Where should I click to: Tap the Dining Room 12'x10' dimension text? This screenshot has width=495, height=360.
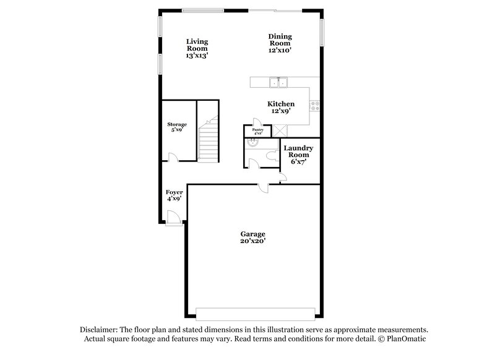pyautogui.click(x=280, y=51)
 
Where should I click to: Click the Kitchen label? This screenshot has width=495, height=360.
pyautogui.click(x=280, y=104)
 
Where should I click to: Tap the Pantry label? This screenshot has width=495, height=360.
pyautogui.click(x=258, y=129)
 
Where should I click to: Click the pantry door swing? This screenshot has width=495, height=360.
pyautogui.click(x=257, y=123)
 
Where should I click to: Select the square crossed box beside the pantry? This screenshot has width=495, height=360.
pyautogui.click(x=280, y=129)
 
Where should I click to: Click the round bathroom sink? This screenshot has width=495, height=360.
pyautogui.click(x=252, y=143)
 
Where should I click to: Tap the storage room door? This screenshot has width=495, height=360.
pyautogui.click(x=174, y=158)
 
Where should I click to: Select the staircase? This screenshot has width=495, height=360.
pyautogui.click(x=209, y=142)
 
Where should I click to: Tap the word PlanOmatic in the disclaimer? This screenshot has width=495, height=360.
pyautogui.click(x=405, y=339)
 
